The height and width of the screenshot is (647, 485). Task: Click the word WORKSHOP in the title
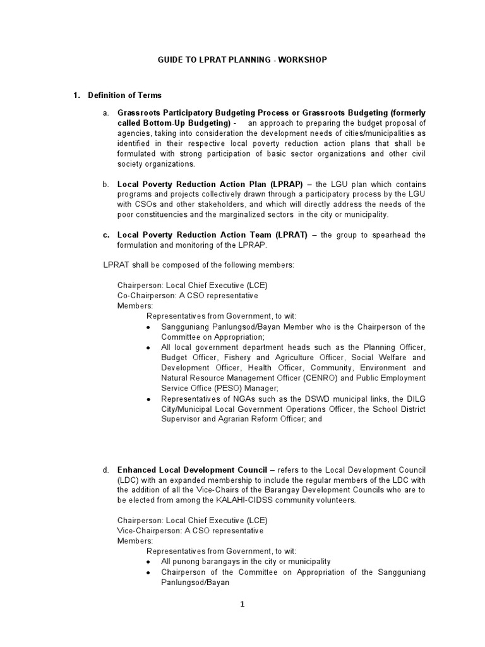coord(303,59)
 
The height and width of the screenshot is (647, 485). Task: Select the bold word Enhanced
coord(138,470)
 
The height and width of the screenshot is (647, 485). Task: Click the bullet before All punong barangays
coord(148,562)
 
